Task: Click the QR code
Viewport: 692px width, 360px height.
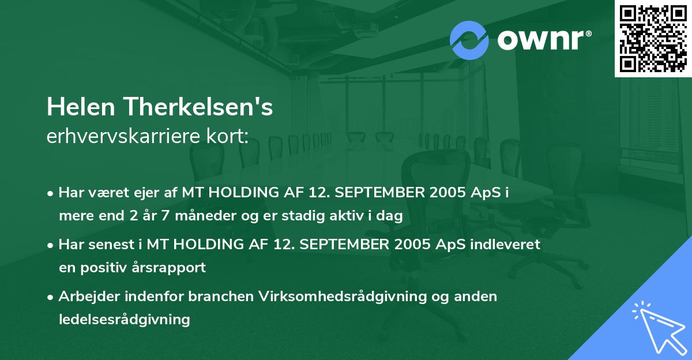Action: [x=653, y=38]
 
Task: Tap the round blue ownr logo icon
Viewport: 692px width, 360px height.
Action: [x=469, y=39]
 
